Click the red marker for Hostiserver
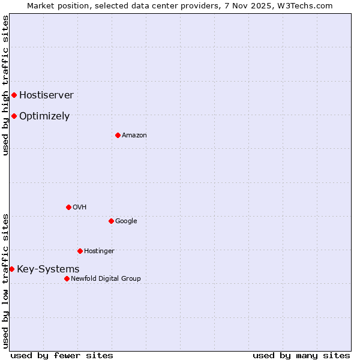click(14, 95)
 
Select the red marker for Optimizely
click(14, 116)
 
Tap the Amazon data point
click(118, 135)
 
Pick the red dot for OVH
click(68, 207)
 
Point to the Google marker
click(111, 221)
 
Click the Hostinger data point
click(80, 251)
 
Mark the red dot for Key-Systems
click(11, 269)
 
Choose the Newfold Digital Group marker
click(67, 278)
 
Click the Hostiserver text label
click(46, 95)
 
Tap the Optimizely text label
click(44, 116)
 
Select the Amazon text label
click(134, 136)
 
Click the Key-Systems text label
click(48, 269)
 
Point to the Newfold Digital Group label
click(106, 278)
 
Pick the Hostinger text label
click(99, 251)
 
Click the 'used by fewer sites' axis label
click(62, 356)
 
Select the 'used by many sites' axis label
click(301, 356)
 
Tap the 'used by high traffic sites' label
click(5, 85)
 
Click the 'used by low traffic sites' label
click(5, 281)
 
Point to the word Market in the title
click(41, 5)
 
